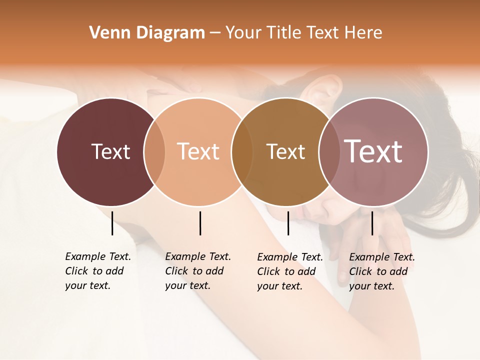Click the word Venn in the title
click(106, 33)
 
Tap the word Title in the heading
click(283, 33)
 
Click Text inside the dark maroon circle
click(110, 151)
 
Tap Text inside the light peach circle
click(198, 151)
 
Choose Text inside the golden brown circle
click(285, 151)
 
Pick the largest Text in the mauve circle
click(373, 151)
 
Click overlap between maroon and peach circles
click(154, 151)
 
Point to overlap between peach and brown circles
click(242, 151)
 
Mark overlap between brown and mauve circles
click(329, 151)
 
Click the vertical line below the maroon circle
click(112, 223)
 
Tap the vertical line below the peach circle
click(200, 223)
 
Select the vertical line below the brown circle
click(288, 223)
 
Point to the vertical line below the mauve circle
click(372, 223)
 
